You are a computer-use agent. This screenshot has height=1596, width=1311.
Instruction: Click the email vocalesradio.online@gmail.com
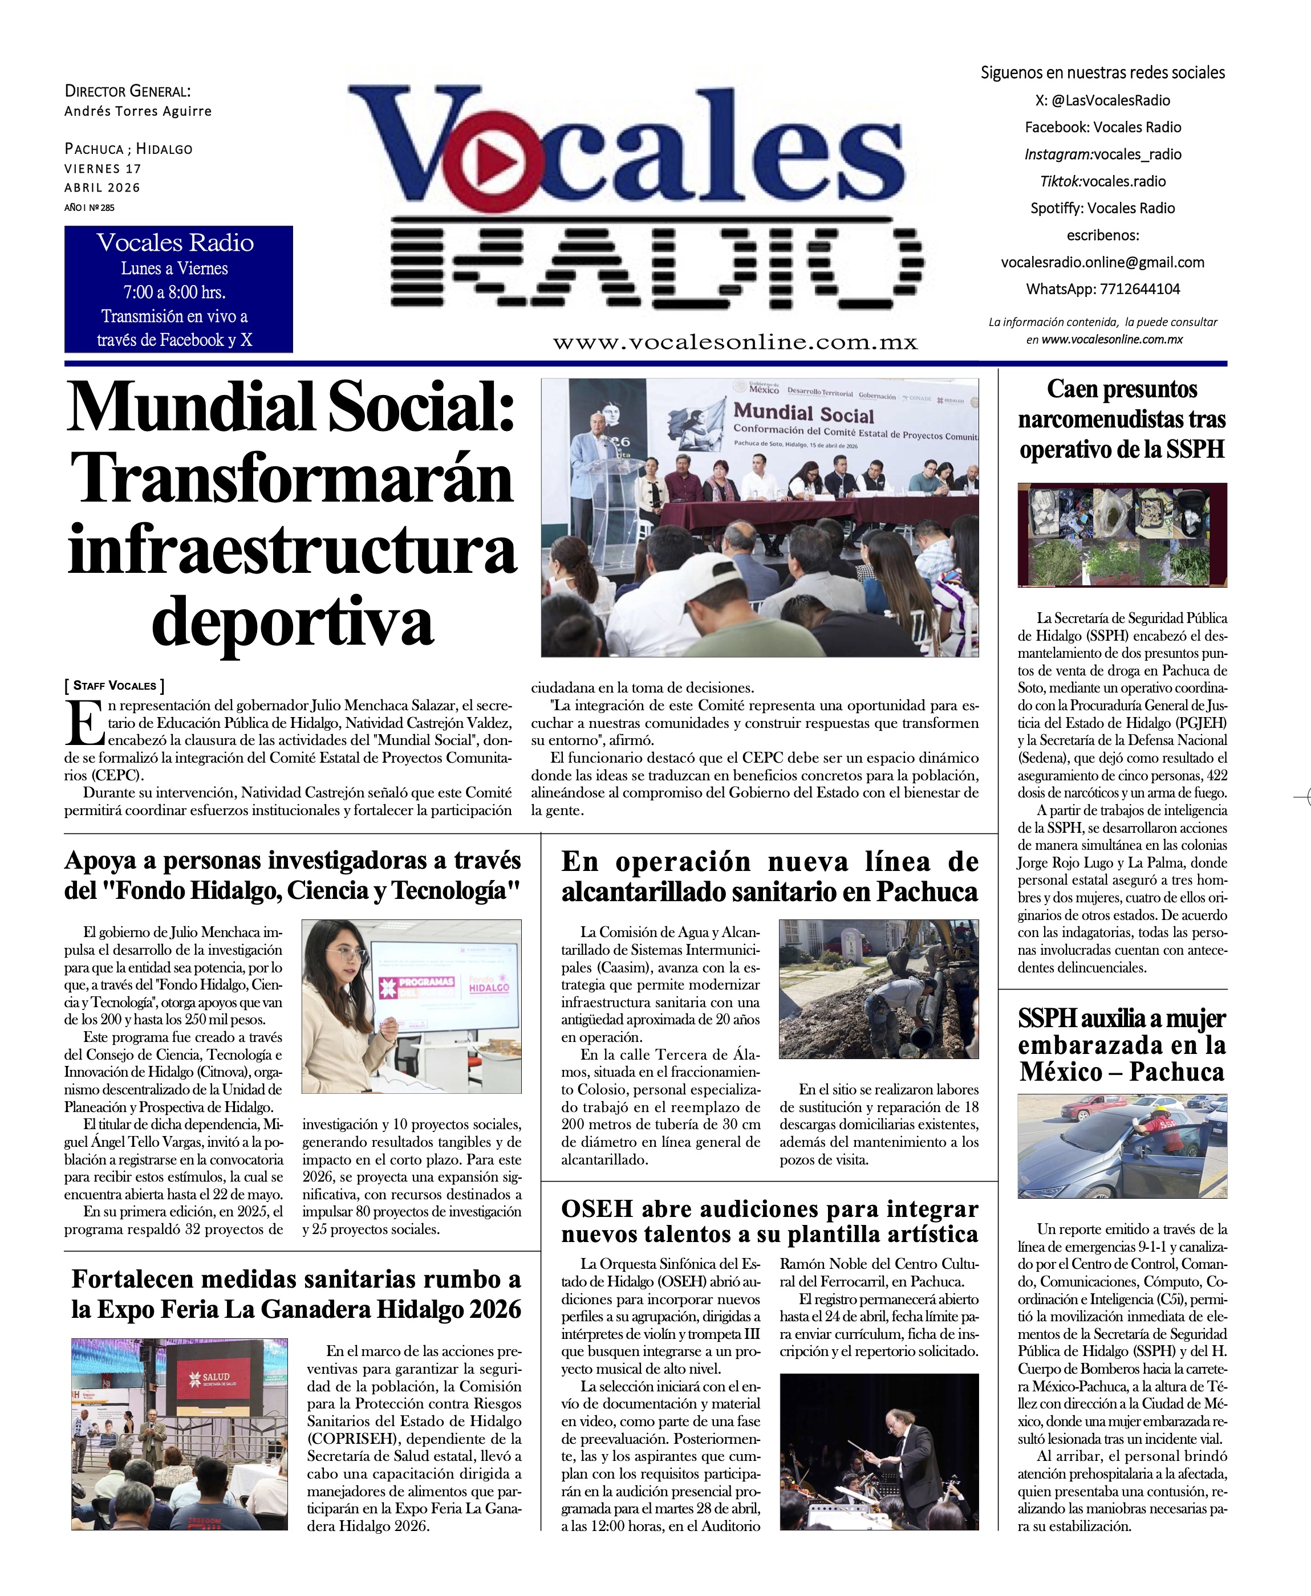[1102, 262]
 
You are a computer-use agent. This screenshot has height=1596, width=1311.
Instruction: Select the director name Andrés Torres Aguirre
[137, 111]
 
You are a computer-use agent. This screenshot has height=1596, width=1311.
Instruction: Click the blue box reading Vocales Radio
[178, 289]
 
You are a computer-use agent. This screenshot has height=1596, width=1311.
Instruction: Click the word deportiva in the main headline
[293, 621]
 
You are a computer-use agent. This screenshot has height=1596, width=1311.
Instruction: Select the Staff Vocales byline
[114, 686]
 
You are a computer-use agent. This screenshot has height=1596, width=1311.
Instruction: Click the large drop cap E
[84, 723]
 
